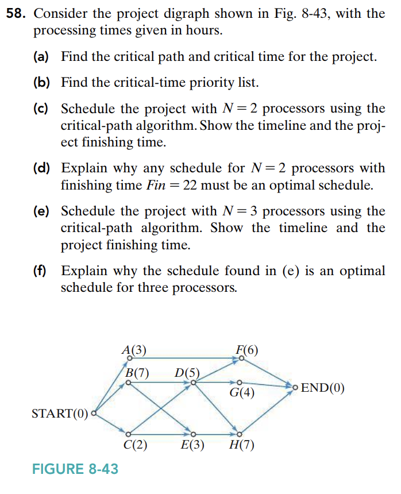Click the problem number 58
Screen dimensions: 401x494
pyautogui.click(x=16, y=14)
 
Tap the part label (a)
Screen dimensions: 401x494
pyautogui.click(x=41, y=57)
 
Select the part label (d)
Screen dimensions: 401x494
pyautogui.click(x=41, y=168)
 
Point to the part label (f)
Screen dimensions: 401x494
pyautogui.click(x=40, y=271)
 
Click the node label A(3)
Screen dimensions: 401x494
pyautogui.click(x=134, y=349)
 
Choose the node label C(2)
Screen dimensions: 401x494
pyautogui.click(x=136, y=446)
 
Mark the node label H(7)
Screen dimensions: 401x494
pyautogui.click(x=241, y=446)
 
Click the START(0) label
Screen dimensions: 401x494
pyautogui.click(x=60, y=414)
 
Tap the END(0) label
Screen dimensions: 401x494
pyautogui.click(x=323, y=387)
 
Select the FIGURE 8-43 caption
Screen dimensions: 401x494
pyautogui.click(x=75, y=469)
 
